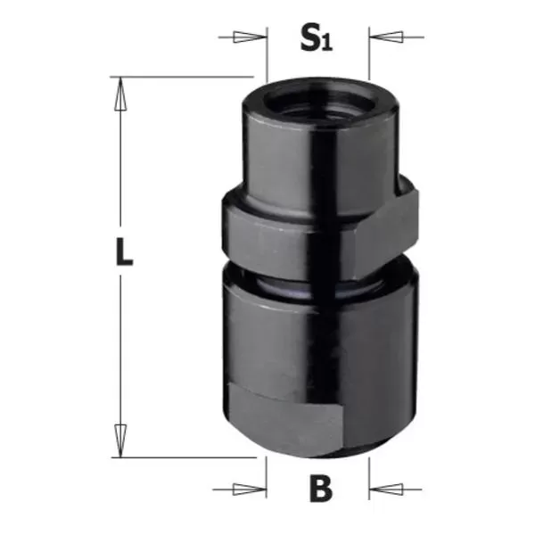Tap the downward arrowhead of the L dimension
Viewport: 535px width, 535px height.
click(118, 440)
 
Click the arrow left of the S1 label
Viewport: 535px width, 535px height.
click(249, 37)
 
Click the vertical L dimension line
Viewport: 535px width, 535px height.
click(118, 178)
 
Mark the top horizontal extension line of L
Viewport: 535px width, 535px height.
click(178, 77)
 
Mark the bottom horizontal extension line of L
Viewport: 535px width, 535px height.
click(178, 457)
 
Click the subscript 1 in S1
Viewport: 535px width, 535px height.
click(328, 45)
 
